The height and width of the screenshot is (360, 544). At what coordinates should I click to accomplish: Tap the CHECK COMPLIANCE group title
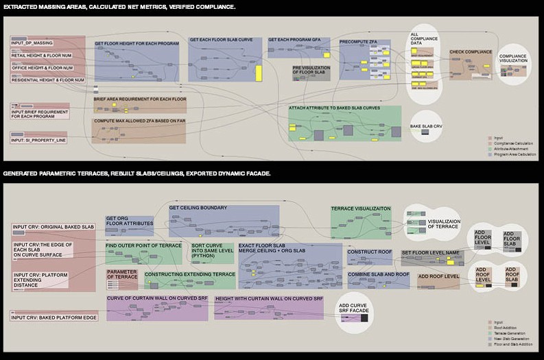tap(471, 52)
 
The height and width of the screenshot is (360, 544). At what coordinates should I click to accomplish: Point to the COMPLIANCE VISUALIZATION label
tap(513, 59)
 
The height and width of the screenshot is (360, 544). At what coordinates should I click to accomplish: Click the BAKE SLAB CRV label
tap(425, 127)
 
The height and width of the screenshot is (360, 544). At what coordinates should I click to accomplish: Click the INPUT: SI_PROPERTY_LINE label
tap(38, 140)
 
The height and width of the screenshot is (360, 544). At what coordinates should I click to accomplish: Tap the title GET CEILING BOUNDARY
tap(198, 208)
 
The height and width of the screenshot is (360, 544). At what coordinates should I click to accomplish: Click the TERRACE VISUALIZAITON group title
tap(361, 208)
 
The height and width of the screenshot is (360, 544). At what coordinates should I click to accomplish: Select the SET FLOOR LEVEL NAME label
tap(429, 253)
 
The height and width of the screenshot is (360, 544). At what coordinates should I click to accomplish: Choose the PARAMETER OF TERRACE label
tap(122, 274)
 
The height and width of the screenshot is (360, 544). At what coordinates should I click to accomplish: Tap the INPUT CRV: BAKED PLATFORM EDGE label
tap(54, 317)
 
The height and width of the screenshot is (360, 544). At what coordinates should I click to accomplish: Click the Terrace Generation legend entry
tap(511, 334)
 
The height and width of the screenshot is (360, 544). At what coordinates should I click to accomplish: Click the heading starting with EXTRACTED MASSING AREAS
tap(119, 6)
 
